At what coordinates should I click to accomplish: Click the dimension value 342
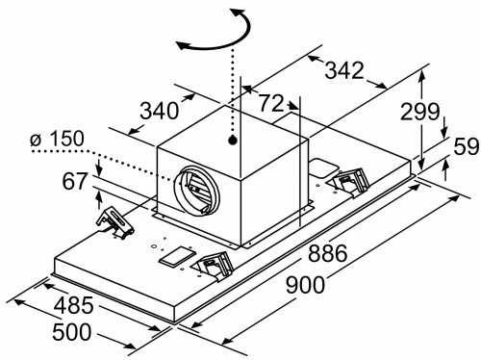click(344, 70)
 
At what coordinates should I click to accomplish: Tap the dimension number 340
click(159, 111)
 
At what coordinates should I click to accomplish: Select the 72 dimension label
click(271, 103)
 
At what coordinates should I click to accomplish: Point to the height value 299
click(419, 112)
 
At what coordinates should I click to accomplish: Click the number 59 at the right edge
click(466, 146)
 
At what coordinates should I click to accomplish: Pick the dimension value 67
click(75, 181)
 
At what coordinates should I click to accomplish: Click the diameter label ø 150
click(57, 139)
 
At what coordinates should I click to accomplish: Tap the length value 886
click(328, 253)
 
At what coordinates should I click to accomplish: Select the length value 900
click(305, 285)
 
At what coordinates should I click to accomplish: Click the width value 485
click(73, 305)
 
